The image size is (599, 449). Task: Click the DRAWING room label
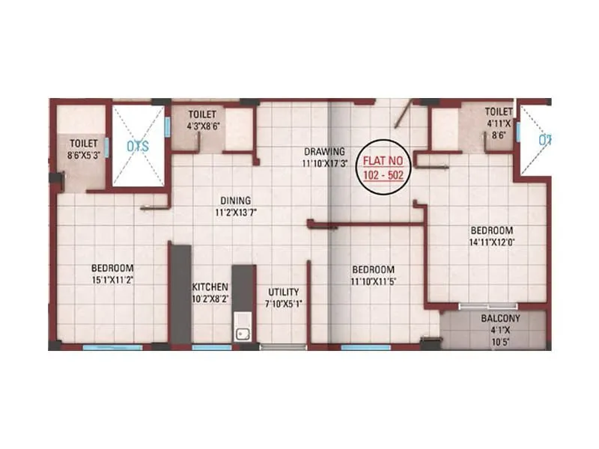(323, 150)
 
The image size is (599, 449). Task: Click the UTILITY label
(283, 292)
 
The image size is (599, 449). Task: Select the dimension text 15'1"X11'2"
(112, 280)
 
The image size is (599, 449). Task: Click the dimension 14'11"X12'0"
(491, 242)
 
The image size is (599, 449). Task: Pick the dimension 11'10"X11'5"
(373, 281)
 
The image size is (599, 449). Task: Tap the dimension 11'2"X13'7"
(235, 212)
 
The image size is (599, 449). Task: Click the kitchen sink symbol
(243, 334)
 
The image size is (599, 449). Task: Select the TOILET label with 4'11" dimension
(497, 112)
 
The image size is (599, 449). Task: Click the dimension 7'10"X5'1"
(283, 304)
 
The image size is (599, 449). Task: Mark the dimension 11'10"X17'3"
(323, 162)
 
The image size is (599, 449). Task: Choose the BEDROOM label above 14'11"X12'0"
(491, 230)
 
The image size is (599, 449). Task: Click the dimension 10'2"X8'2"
(210, 299)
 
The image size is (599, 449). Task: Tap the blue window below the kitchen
(211, 347)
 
